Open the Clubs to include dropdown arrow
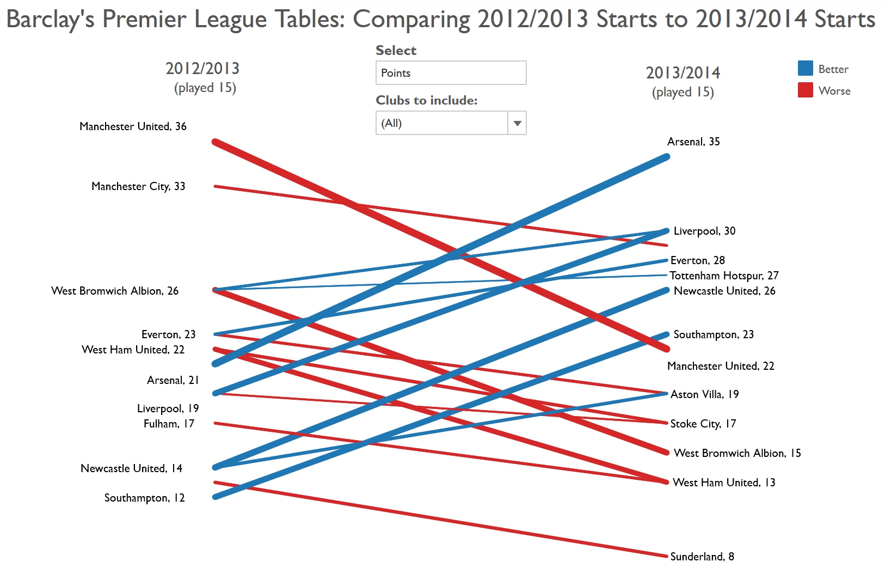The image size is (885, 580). click(x=517, y=123)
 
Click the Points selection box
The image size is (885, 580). click(x=451, y=73)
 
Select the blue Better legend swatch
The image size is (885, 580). click(x=805, y=69)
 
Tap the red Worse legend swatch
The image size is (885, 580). click(x=805, y=90)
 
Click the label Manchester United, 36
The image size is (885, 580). click(x=133, y=126)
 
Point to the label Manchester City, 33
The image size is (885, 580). click(x=138, y=186)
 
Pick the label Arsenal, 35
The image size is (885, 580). click(x=693, y=142)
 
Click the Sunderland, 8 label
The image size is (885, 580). click(x=702, y=557)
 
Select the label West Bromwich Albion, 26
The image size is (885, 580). click(x=115, y=291)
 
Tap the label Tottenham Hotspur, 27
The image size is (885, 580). click(x=724, y=276)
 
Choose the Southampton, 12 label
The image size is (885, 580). click(x=144, y=498)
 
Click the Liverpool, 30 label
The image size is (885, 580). click(x=704, y=231)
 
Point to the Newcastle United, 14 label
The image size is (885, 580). click(x=131, y=468)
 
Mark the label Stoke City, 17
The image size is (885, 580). click(x=703, y=424)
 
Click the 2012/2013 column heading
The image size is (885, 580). click(x=202, y=69)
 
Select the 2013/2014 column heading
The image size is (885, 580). click(x=683, y=73)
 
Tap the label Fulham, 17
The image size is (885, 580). click(x=169, y=424)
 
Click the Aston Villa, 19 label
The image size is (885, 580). click(x=704, y=394)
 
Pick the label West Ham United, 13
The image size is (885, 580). click(x=724, y=483)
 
